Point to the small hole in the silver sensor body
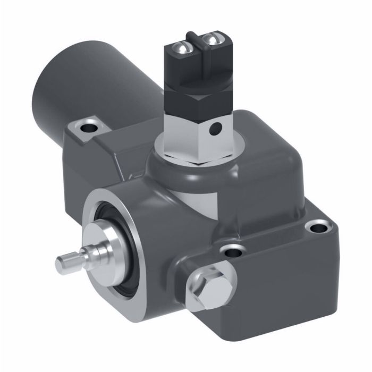point(216,127)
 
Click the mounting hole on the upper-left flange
point(87,127)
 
